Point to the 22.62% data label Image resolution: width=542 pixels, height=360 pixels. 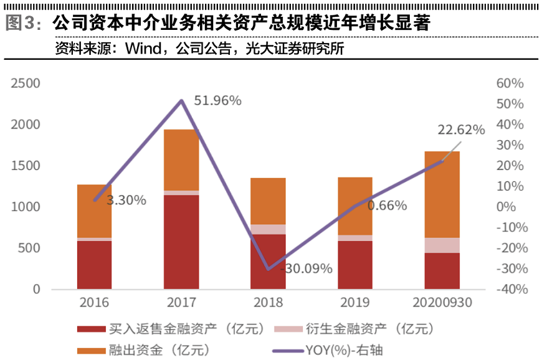coord(461,130)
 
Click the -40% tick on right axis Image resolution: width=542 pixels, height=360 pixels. coord(510,290)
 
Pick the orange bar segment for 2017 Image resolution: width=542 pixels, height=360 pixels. coord(181,159)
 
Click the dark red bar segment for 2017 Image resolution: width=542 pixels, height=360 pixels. coord(181,242)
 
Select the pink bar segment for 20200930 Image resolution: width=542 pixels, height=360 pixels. coord(442,245)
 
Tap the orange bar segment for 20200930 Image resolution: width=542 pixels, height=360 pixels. coord(442,194)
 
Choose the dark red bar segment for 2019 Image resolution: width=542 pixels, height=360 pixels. coord(355,265)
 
